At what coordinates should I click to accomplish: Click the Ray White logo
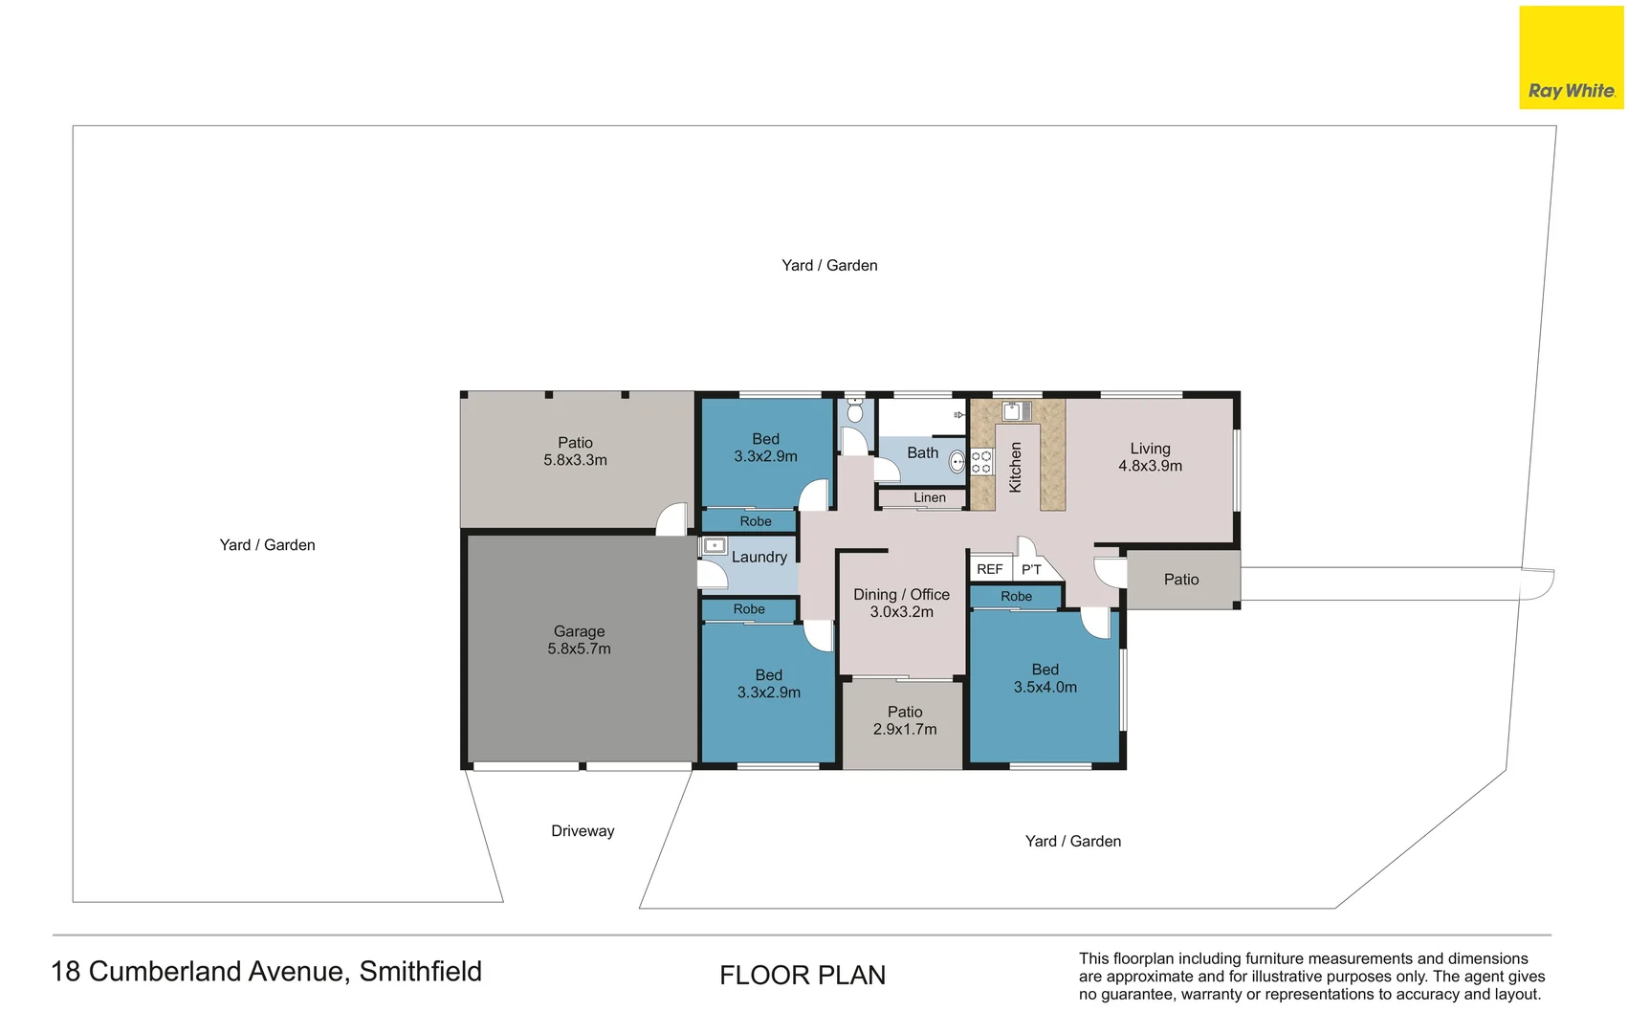click(1572, 57)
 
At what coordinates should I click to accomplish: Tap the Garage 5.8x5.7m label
click(580, 640)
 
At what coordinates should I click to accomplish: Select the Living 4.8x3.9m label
click(1150, 457)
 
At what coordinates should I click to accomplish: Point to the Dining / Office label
click(901, 595)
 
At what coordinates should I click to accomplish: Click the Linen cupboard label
click(930, 497)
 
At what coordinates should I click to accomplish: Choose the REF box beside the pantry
click(991, 568)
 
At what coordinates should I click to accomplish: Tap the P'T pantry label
click(1031, 569)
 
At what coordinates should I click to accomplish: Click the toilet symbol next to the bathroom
click(855, 411)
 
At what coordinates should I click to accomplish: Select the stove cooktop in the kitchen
click(981, 462)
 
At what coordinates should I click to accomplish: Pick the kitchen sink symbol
click(1017, 411)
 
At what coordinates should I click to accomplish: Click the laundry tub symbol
click(715, 545)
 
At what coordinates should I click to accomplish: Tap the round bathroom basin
click(957, 462)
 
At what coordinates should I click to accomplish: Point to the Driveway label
click(583, 831)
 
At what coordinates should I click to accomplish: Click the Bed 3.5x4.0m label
click(1045, 678)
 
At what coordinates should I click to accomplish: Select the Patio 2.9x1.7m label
click(905, 720)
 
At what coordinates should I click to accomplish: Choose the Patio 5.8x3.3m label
click(575, 451)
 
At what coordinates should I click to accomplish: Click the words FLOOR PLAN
click(803, 976)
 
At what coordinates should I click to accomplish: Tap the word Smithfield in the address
click(420, 972)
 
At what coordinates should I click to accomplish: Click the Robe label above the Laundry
click(756, 521)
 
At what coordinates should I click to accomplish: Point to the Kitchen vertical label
click(1015, 468)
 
